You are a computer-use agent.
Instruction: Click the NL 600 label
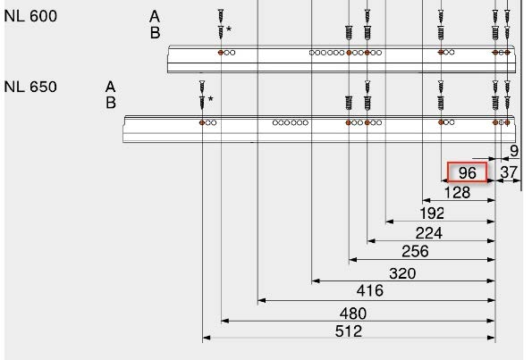click(x=30, y=16)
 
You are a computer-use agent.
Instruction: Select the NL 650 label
click(x=30, y=87)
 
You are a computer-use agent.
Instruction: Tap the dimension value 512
click(x=349, y=331)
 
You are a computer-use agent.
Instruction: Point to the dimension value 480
click(x=353, y=314)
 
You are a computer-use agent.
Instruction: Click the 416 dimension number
click(x=370, y=291)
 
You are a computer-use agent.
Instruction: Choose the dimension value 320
click(x=402, y=273)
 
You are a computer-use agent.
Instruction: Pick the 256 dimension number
click(x=415, y=252)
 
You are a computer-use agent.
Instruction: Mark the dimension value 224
click(x=429, y=233)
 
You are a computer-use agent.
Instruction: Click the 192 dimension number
click(x=432, y=213)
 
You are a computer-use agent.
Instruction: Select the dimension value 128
click(x=457, y=193)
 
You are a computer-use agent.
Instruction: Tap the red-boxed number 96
click(x=468, y=173)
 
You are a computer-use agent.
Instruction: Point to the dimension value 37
click(x=509, y=172)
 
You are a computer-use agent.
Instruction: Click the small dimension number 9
click(x=514, y=151)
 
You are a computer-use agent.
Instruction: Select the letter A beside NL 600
click(x=155, y=16)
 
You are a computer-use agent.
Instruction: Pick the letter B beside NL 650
click(x=111, y=103)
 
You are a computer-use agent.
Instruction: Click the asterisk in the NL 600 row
click(x=229, y=29)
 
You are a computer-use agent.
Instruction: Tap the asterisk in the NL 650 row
click(x=211, y=99)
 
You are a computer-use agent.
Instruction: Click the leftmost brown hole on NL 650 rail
click(x=202, y=122)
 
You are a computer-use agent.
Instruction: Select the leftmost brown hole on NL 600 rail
click(x=221, y=53)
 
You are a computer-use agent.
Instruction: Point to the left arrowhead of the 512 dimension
click(x=206, y=338)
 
